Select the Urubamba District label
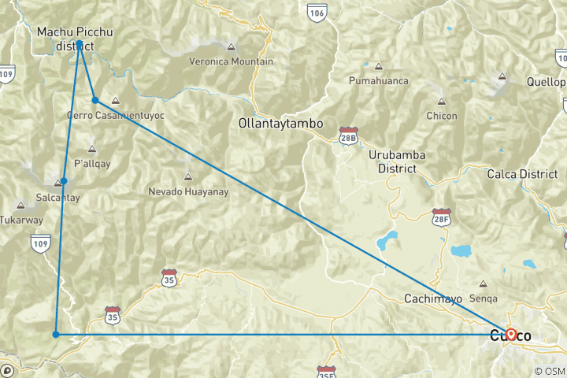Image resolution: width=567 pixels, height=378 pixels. [398, 161]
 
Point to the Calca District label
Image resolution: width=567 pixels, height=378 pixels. [522, 173]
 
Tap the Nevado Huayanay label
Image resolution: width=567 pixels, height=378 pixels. [187, 191]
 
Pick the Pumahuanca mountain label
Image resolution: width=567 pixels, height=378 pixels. [379, 80]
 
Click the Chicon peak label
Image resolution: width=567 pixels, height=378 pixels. [441, 116]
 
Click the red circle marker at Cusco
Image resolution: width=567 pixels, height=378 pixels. [510, 334]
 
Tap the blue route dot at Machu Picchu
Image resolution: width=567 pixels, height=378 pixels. [80, 43]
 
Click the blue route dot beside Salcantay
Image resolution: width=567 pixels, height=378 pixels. [64, 181]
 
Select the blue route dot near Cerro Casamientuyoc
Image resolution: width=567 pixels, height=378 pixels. [95, 100]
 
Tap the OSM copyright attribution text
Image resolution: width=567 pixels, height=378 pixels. [548, 371]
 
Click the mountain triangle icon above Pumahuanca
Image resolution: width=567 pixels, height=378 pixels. [379, 66]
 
